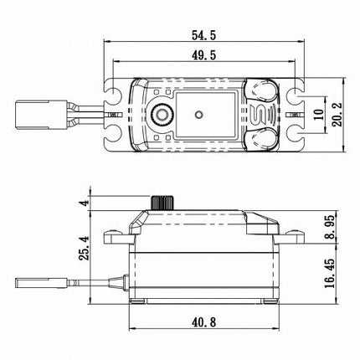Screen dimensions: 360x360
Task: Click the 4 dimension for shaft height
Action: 83,202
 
